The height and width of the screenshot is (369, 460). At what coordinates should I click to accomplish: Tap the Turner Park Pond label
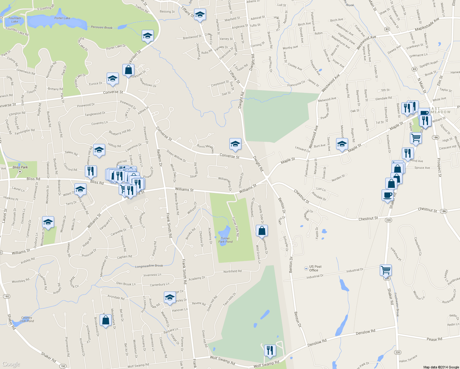225,240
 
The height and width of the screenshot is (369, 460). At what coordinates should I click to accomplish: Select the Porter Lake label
62,18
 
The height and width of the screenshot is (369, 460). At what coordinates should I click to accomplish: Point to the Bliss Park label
20,167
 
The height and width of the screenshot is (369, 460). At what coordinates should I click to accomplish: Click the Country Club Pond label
27,319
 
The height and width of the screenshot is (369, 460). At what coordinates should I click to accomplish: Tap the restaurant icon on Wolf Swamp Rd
270,350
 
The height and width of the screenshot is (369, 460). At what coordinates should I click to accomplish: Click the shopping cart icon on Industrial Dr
386,270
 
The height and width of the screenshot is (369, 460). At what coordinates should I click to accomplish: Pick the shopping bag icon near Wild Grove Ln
262,230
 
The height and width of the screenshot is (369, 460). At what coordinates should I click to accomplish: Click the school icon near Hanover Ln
170,297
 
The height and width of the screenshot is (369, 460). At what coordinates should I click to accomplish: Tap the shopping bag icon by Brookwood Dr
105,320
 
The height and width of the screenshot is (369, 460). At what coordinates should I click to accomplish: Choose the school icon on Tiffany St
200,14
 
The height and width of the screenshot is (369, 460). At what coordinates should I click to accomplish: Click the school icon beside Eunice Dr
113,78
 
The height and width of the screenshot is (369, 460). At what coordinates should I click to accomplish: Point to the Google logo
11,364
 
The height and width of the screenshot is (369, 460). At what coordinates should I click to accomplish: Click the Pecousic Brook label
101,27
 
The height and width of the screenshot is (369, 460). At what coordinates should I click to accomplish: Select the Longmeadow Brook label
149,266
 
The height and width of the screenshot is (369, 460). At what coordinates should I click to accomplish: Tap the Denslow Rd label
365,332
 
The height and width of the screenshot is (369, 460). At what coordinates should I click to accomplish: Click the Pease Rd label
434,339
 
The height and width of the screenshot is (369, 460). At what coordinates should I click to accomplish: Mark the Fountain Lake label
15,20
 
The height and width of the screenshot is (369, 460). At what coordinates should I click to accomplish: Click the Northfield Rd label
232,271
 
